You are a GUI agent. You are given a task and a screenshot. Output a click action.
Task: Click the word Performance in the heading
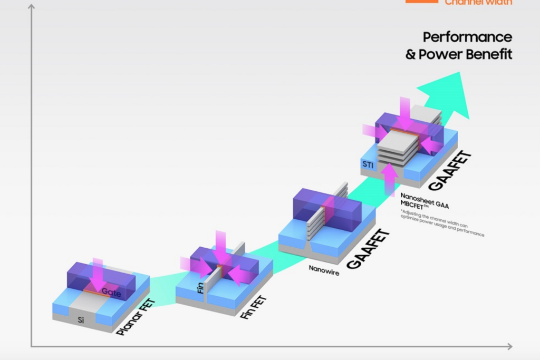(x=467, y=37)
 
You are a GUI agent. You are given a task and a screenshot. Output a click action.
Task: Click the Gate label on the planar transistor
(x=111, y=291)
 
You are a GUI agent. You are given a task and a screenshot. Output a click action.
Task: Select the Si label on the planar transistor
(x=81, y=319)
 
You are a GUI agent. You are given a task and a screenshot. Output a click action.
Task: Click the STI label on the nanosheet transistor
(x=368, y=165)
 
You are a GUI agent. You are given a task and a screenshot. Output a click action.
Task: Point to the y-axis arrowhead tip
(x=31, y=6)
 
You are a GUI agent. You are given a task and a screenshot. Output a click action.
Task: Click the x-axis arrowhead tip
(x=510, y=346)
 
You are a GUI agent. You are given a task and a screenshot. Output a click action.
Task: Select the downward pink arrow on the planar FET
(x=98, y=274)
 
